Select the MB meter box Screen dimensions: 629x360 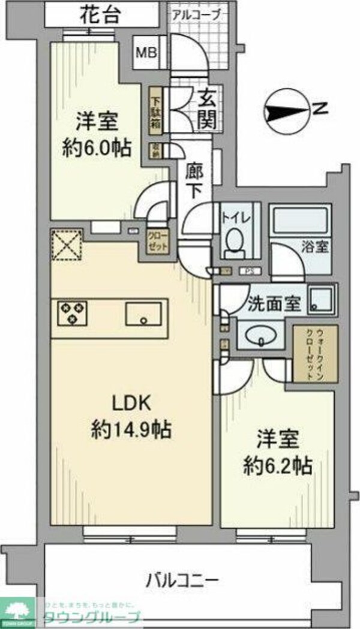[x=145, y=53]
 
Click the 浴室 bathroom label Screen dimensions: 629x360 [x=315, y=246]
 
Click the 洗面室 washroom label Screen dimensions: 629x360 [x=274, y=305]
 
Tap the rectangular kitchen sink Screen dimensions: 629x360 [x=143, y=314]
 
